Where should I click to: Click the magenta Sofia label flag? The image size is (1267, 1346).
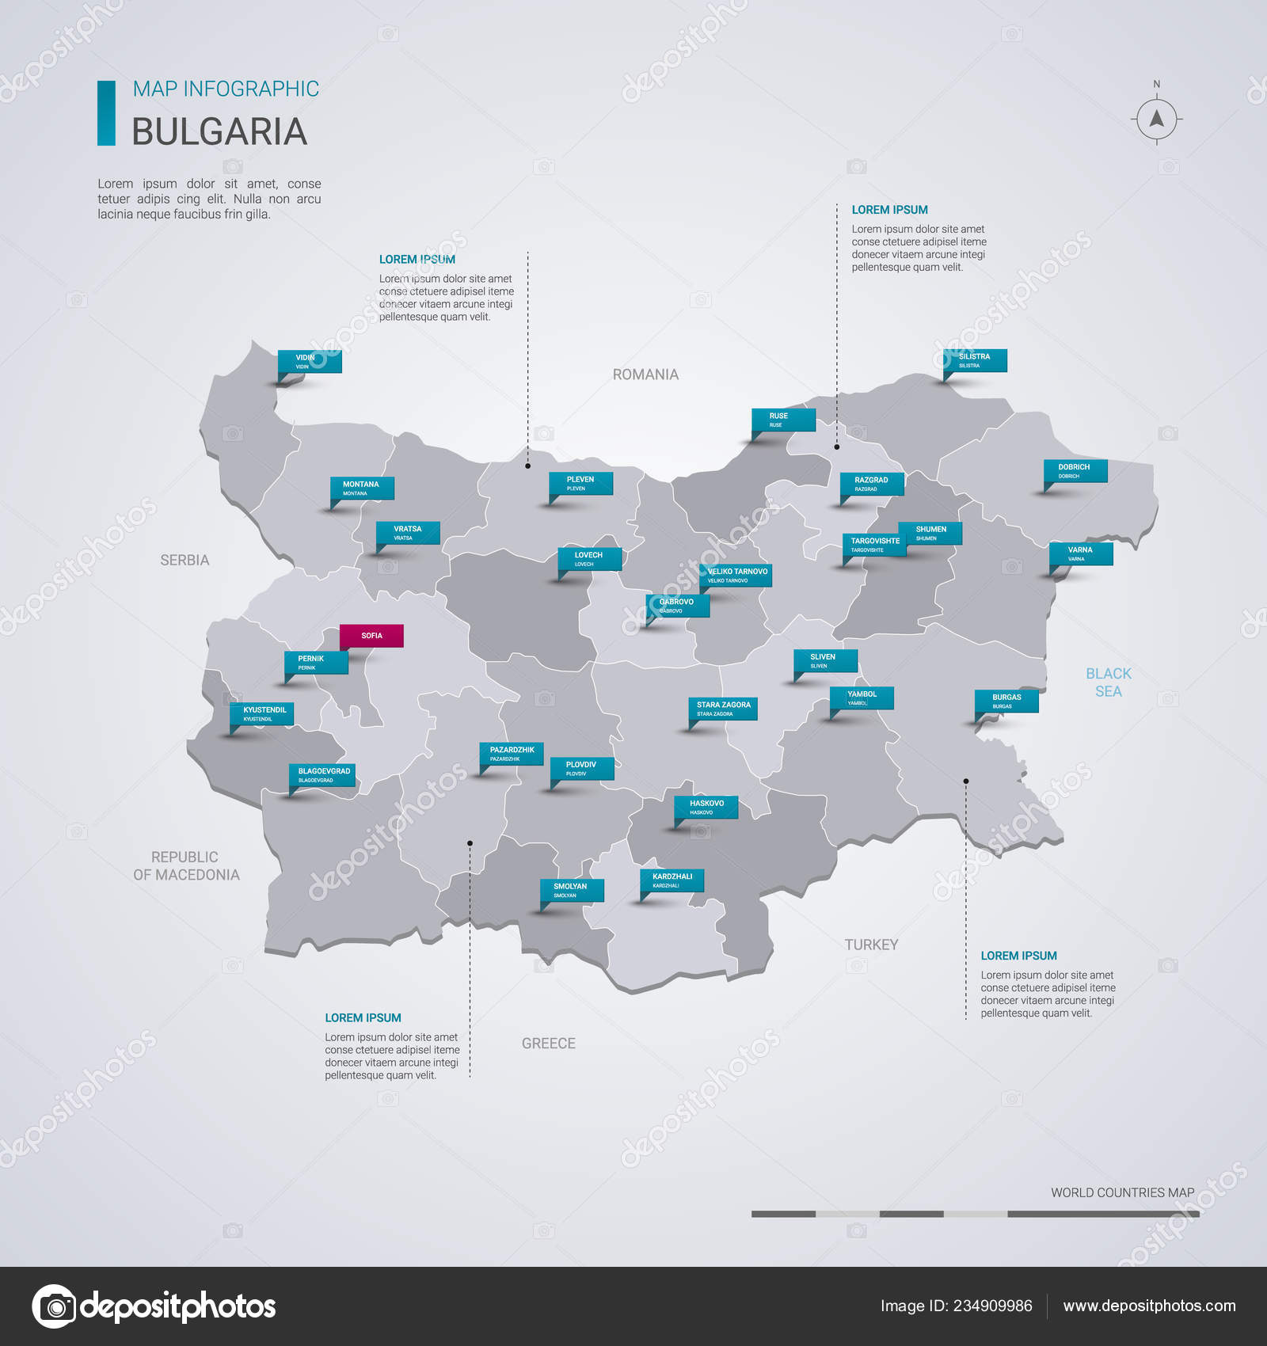371,636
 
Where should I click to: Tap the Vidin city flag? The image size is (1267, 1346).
310,361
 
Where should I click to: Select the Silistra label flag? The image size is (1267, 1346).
975,360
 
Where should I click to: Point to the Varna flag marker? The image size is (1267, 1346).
1081,553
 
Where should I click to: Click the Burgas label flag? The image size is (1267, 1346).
1006,701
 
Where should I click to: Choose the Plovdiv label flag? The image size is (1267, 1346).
582,768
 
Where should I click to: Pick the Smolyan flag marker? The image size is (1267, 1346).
572,890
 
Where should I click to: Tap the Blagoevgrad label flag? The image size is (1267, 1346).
324,774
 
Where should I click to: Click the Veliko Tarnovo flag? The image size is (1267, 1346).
736,575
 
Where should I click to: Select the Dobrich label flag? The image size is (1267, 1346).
1075,470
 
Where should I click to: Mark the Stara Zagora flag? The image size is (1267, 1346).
724,708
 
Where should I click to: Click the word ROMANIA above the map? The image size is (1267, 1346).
645,375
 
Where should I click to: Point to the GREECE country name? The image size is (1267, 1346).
548,1044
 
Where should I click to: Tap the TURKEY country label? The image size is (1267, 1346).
871,945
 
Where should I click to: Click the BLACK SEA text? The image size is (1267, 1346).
1108,683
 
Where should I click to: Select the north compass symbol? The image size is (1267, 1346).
1157,119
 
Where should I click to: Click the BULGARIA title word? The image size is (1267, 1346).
219,131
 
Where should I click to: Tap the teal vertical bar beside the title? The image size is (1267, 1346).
106,112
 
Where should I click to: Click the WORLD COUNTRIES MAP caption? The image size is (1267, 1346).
1122,1192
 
